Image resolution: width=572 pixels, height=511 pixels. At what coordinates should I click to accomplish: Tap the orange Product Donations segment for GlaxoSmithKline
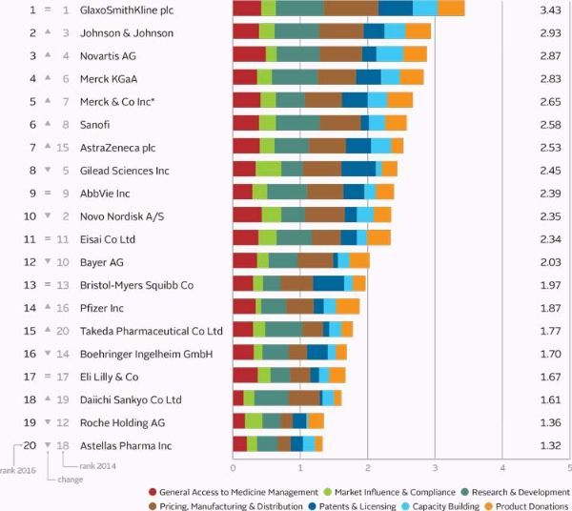(451, 10)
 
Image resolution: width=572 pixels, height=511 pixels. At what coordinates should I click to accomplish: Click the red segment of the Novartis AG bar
(249, 54)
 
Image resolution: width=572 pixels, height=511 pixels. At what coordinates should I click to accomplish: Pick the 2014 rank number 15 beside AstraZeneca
(63, 147)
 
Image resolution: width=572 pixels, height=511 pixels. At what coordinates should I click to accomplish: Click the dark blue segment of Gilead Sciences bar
(358, 170)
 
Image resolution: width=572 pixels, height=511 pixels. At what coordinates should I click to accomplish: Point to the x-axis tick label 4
(503, 468)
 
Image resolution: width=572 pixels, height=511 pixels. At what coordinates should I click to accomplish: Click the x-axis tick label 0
(234, 468)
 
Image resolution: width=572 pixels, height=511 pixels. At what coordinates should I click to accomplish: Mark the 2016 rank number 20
(30, 444)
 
